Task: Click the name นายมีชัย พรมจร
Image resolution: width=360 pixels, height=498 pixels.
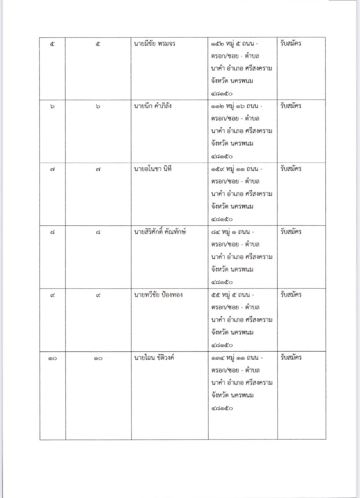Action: pyautogui.click(x=154, y=44)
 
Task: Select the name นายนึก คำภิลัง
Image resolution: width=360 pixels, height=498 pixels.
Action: pyautogui.click(x=153, y=107)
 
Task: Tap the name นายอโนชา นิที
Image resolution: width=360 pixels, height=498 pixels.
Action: pyautogui.click(x=153, y=169)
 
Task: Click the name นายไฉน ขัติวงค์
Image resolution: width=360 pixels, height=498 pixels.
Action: pyautogui.click(x=154, y=358)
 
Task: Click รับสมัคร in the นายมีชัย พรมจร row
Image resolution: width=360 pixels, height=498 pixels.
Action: pyautogui.click(x=290, y=44)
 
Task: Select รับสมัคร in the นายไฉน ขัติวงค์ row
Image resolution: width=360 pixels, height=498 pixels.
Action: pyautogui.click(x=290, y=358)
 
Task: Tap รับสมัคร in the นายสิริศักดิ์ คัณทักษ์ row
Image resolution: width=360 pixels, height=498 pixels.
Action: pyautogui.click(x=290, y=232)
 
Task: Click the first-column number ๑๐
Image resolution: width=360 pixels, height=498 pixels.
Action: pyautogui.click(x=52, y=358)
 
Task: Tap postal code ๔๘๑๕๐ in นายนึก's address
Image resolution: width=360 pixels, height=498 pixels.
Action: pyautogui.click(x=222, y=157)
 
